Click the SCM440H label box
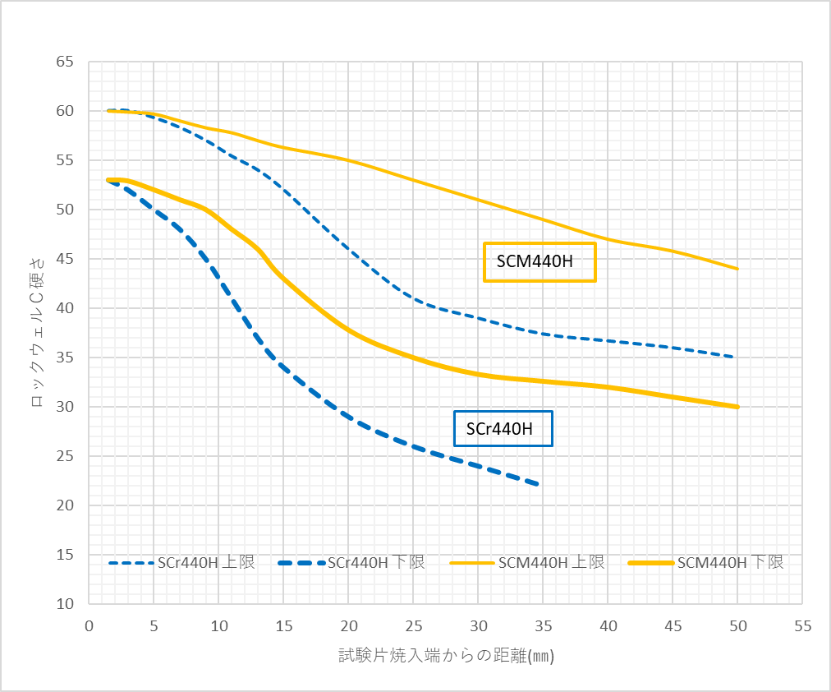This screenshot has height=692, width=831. click(x=539, y=262)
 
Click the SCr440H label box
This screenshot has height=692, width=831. click(x=503, y=428)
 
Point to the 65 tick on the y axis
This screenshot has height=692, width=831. click(x=65, y=62)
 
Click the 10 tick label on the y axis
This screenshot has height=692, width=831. click(x=65, y=604)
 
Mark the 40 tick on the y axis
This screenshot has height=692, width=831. click(x=65, y=308)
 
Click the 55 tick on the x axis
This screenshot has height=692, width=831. click(x=802, y=626)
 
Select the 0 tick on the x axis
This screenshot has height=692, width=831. click(x=89, y=626)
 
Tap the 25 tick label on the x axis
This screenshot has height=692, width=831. click(x=413, y=626)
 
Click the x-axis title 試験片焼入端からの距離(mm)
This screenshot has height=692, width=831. click(x=447, y=655)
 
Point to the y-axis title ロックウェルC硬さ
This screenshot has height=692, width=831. click(x=37, y=333)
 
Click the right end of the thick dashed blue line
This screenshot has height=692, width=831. click(x=539, y=485)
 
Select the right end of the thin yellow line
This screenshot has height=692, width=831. click(x=737, y=269)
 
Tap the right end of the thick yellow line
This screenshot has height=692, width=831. click(x=737, y=407)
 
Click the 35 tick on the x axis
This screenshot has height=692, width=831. click(x=543, y=626)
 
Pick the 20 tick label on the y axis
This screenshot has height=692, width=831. click(x=65, y=505)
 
